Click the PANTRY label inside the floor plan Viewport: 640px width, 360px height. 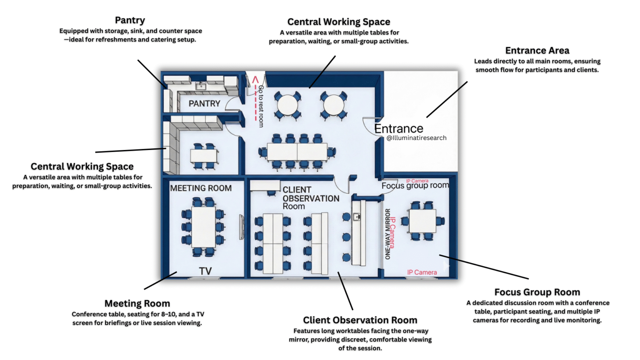(x=204, y=103)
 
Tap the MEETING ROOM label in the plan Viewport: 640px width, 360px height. (x=201, y=188)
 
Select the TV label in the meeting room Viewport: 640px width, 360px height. (x=205, y=271)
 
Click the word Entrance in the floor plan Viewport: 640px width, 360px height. (x=399, y=129)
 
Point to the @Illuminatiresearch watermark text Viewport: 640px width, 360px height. (x=416, y=138)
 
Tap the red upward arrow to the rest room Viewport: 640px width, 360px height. (x=255, y=80)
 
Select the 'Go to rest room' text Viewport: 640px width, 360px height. (x=261, y=106)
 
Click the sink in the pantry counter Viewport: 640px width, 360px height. (x=201, y=86)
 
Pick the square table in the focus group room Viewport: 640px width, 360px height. (x=422, y=221)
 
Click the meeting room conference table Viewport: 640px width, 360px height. (x=203, y=227)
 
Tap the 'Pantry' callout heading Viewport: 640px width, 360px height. (x=130, y=20)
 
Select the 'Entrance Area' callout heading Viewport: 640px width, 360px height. (x=537, y=50)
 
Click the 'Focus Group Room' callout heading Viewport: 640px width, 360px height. (x=537, y=292)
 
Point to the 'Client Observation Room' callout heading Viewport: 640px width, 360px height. (x=360, y=320)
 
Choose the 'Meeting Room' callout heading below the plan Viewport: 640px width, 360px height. (x=137, y=303)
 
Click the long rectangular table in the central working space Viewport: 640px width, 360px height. (x=297, y=152)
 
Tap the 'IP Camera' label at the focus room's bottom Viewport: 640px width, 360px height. (x=422, y=272)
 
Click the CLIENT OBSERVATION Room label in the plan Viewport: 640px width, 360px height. (x=311, y=198)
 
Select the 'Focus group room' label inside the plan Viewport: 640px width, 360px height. (x=415, y=186)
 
